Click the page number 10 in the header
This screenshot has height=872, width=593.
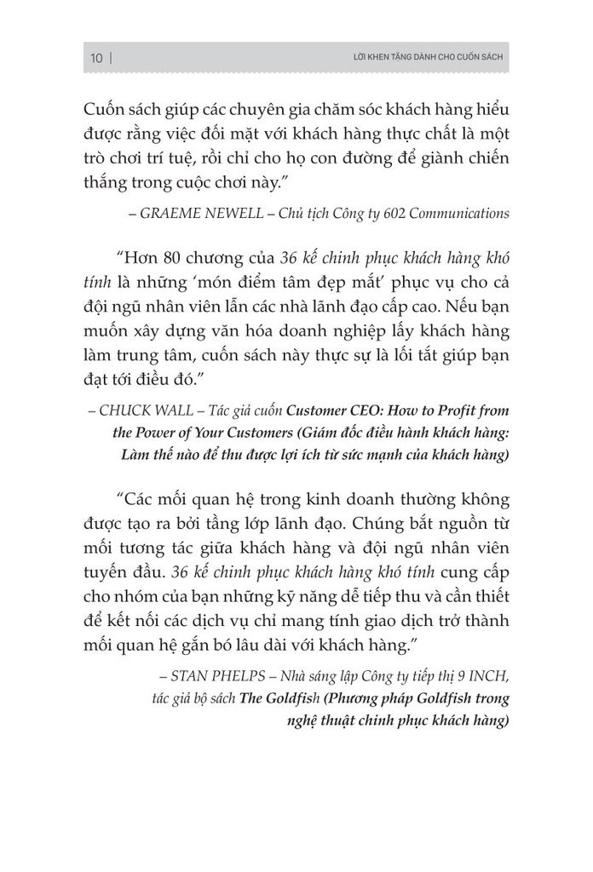(95, 58)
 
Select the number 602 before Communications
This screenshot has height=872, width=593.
(384, 215)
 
